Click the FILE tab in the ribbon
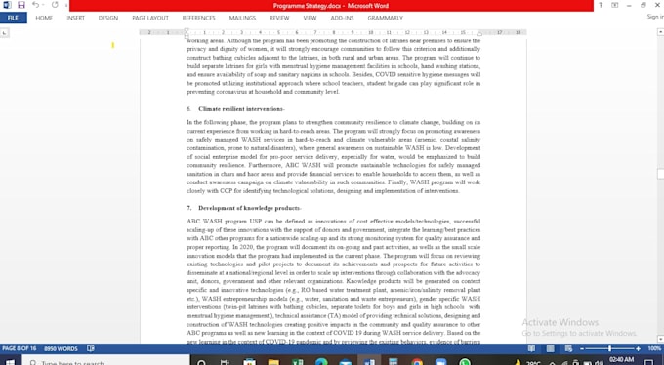(13, 18)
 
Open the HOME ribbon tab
(44, 18)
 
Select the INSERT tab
(75, 18)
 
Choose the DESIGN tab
(108, 18)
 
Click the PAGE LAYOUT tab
(150, 18)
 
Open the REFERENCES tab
(198, 18)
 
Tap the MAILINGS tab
(242, 18)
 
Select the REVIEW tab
(279, 18)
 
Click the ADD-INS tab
(343, 18)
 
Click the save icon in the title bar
(21, 5)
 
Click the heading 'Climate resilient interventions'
(241, 108)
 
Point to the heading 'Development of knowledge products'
(249, 208)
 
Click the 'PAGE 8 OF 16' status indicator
(20, 348)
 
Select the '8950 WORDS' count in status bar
(61, 348)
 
